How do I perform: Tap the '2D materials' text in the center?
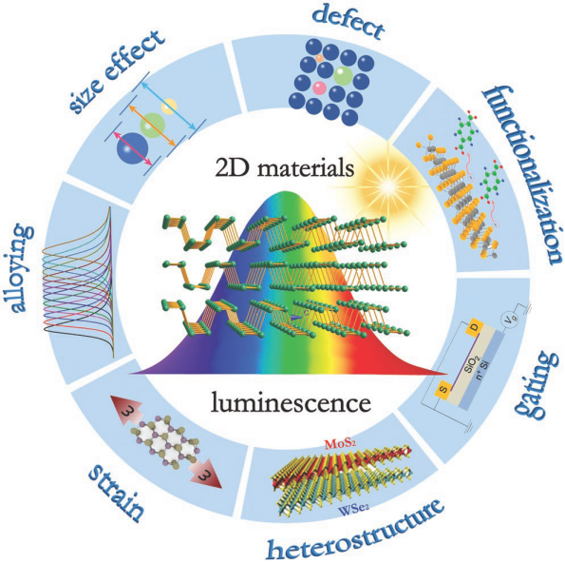pos(285,168)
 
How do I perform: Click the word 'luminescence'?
pos(291,401)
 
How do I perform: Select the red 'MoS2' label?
pos(340,443)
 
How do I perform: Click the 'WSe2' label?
pos(353,510)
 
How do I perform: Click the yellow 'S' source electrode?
pos(443,390)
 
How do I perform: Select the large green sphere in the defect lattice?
pos(343,76)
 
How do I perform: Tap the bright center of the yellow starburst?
pos(387,185)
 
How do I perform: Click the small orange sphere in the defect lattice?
pos(318,58)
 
